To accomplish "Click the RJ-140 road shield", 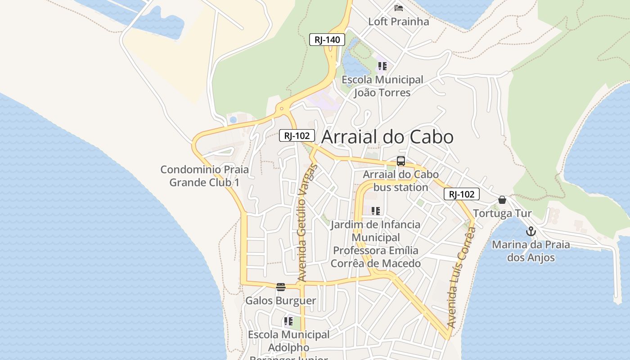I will tap(327, 40).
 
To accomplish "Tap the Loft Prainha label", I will tap(398, 22).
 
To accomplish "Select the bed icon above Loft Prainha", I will tap(398, 8).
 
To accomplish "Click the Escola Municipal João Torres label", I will tap(382, 86).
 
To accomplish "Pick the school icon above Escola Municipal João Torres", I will tap(382, 67).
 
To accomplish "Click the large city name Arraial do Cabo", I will tap(387, 137).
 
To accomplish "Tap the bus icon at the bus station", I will tap(400, 161).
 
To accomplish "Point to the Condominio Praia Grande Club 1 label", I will tap(204, 176).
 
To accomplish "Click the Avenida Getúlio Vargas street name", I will tap(307, 224).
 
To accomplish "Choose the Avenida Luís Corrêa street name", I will tap(462, 277).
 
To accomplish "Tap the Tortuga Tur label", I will tap(502, 213).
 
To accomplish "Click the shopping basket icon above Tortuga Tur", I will tap(502, 200).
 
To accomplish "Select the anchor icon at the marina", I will tap(531, 231).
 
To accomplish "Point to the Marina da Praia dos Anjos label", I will tap(531, 251).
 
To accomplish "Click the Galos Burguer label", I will tap(280, 301).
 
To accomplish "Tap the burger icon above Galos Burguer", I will tap(281, 287).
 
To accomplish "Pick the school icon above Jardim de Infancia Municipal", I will tap(376, 211).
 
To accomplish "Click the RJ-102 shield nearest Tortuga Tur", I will tap(462, 194).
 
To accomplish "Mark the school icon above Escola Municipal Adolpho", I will tap(288, 321).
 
